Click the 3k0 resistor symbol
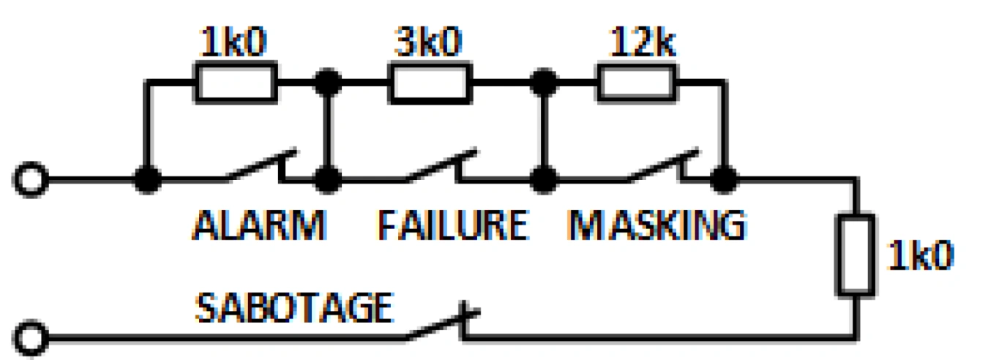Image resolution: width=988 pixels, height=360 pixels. tap(430, 82)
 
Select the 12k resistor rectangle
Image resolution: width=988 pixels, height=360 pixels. tap(636, 82)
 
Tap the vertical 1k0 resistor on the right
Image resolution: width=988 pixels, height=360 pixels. tap(856, 255)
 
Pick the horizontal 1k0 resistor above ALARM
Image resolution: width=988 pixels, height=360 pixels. tap(236, 82)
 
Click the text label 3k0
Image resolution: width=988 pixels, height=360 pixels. tap(430, 44)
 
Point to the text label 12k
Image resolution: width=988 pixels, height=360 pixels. tap(643, 44)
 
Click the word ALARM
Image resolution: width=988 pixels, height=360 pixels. tap(259, 225)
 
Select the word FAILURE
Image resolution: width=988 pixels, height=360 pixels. tap(452, 225)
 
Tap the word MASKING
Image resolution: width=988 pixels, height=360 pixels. tap(656, 225)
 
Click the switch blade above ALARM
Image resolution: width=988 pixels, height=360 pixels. tap(260, 165)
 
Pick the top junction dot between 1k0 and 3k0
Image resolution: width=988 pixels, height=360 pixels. tap(327, 81)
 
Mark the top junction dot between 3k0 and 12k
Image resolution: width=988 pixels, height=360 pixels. tap(542, 81)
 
